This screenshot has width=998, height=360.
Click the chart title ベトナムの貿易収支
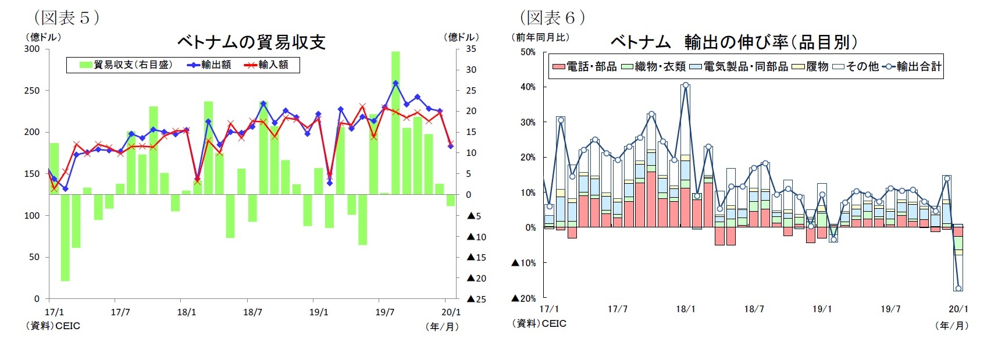[251, 42]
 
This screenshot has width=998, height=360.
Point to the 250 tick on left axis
[32, 91]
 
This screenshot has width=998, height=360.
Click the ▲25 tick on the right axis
[476, 299]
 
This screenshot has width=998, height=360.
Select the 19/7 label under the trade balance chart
[384, 312]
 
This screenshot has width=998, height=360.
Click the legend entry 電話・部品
[584, 67]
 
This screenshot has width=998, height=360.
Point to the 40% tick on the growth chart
[528, 87]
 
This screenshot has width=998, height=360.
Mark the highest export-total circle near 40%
[686, 85]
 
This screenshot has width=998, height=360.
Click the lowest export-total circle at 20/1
[958, 288]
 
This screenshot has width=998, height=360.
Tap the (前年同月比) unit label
[540, 37]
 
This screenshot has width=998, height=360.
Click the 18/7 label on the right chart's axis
[754, 309]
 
